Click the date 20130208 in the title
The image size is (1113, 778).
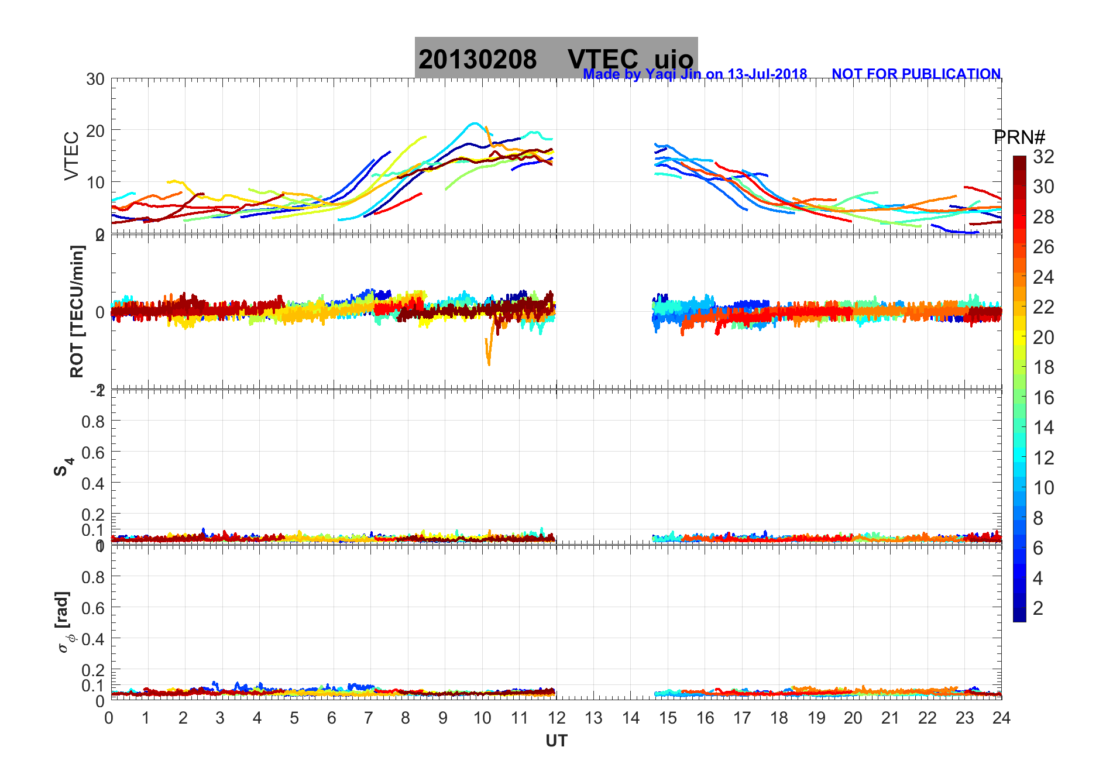coord(478,60)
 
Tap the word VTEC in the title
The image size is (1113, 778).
coord(603,60)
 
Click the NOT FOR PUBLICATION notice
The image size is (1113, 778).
coord(916,74)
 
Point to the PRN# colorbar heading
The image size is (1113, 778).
coord(1019,137)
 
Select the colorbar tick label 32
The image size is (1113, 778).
coord(1043,157)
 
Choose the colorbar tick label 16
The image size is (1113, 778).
coord(1043,398)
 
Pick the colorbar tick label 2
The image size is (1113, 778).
coord(1038,608)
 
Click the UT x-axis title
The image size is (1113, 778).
coord(556,741)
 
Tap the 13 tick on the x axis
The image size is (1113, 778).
coord(593,718)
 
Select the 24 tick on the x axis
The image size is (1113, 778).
coord(1001,718)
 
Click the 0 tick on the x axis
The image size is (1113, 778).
coord(109,718)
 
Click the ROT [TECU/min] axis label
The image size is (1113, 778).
coord(77,311)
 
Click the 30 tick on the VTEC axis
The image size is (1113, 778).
coord(95,80)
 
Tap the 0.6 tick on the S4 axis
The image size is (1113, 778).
coord(93,452)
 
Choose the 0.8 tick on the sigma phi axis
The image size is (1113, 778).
coord(93,577)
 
